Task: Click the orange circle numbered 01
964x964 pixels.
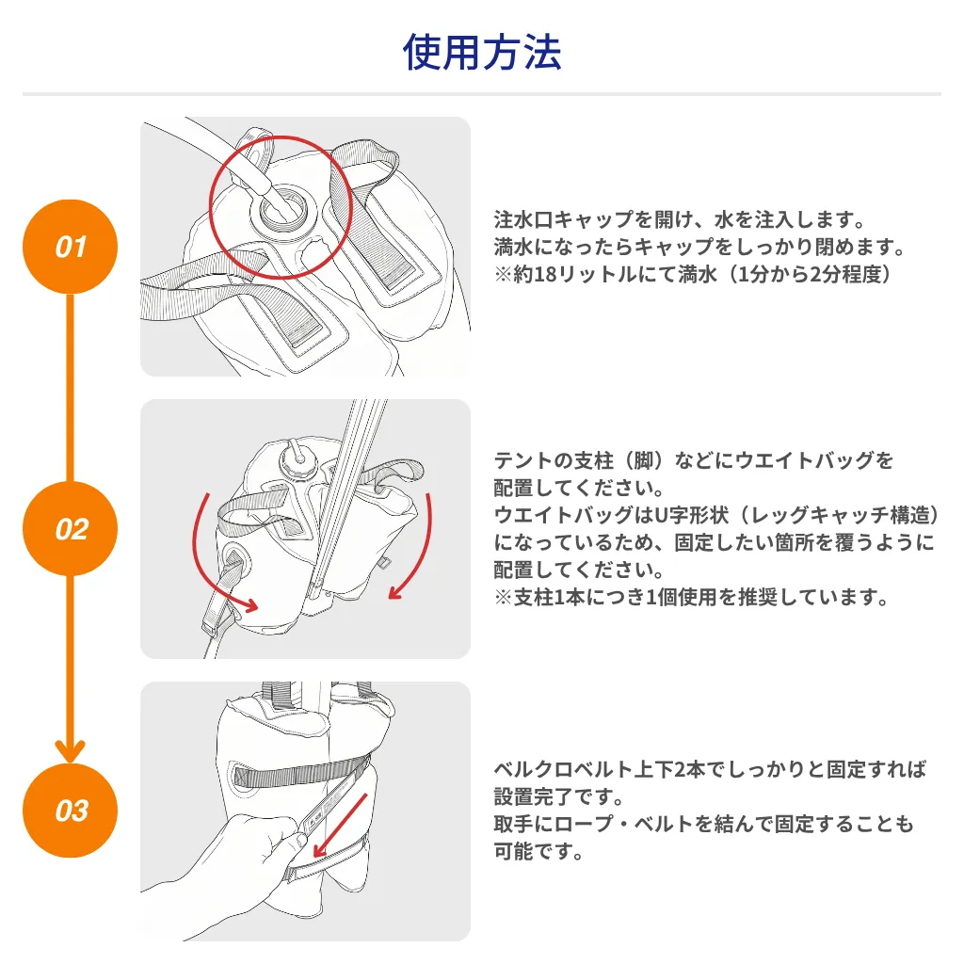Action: [71, 248]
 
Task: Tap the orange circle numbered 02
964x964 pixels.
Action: [71, 529]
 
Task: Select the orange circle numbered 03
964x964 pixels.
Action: [71, 811]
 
